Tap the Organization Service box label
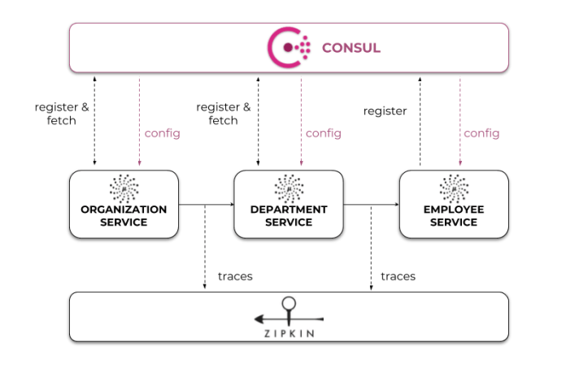click(124, 215)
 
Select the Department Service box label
click(289, 215)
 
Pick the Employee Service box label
click(452, 215)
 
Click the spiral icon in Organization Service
click(124, 186)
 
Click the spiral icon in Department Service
click(289, 186)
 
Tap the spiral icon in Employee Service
click(452, 186)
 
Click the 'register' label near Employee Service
click(385, 110)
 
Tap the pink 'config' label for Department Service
click(324, 133)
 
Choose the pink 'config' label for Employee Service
click(481, 133)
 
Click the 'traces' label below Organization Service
click(235, 276)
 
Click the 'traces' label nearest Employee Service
click(398, 276)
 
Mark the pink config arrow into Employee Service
click(459, 122)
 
